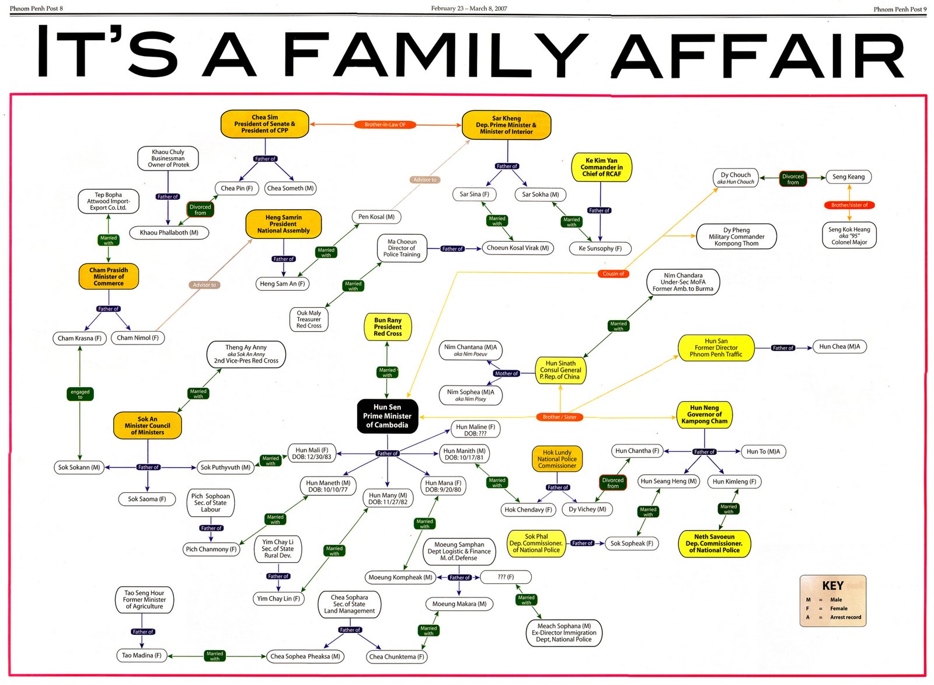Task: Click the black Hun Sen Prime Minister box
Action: point(387,416)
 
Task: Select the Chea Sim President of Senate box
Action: point(264,124)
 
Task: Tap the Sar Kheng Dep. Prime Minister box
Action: point(506,125)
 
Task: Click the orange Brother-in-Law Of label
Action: point(385,124)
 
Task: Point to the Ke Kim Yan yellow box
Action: point(601,167)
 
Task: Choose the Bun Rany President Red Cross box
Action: point(388,327)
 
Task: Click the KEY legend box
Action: point(832,601)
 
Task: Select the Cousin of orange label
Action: point(613,273)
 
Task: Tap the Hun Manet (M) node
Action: point(328,486)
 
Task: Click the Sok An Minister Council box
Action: point(147,426)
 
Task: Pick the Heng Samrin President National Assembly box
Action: point(283,224)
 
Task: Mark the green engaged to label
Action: point(80,394)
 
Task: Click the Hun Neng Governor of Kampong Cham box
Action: point(704,415)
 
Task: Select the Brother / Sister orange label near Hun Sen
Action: point(559,417)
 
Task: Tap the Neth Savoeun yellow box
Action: point(714,543)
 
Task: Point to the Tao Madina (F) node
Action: point(141,655)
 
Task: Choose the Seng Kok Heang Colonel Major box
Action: point(849,236)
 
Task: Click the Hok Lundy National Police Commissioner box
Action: point(557,459)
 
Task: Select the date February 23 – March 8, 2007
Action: point(469,8)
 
